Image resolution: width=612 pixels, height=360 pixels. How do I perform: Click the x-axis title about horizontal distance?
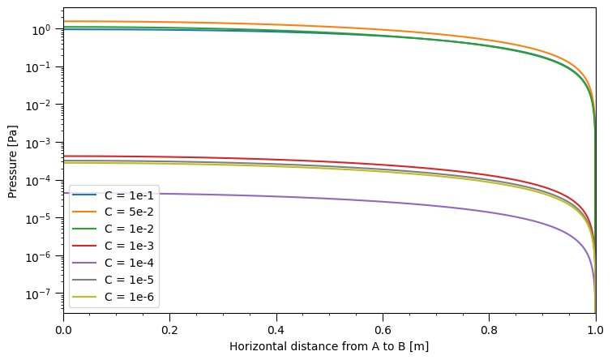pos(329,347)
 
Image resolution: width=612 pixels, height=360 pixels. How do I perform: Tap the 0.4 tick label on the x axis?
pos(276,330)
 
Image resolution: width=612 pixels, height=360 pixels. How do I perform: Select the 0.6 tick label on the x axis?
pos(383,330)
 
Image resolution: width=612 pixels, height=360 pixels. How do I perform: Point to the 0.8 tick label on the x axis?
pos(489,330)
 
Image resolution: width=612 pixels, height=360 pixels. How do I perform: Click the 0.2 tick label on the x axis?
pos(169,330)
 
